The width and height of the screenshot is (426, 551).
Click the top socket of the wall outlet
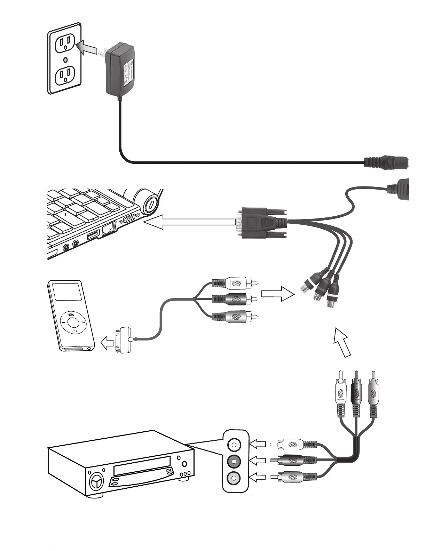tap(65, 44)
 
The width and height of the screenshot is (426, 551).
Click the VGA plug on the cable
tap(261, 223)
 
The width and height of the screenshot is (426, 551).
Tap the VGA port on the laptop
tap(131, 219)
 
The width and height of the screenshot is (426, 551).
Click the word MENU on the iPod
tap(71, 314)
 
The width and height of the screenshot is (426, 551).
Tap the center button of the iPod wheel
tap(73, 322)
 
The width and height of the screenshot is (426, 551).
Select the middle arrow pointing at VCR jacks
tap(258, 462)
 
